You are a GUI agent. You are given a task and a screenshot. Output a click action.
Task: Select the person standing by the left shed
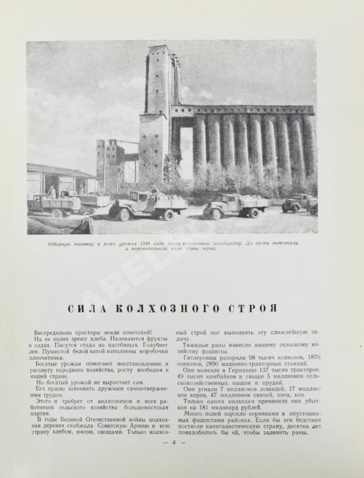click(x=52, y=191)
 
